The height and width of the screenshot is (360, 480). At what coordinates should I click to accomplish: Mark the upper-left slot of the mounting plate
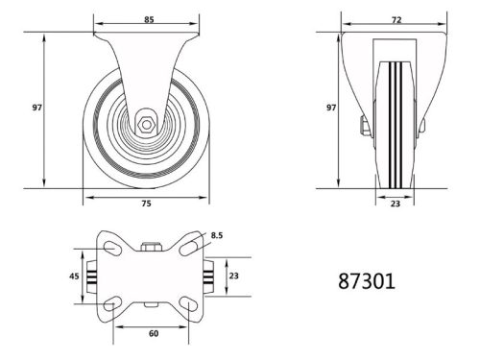[110, 248]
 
